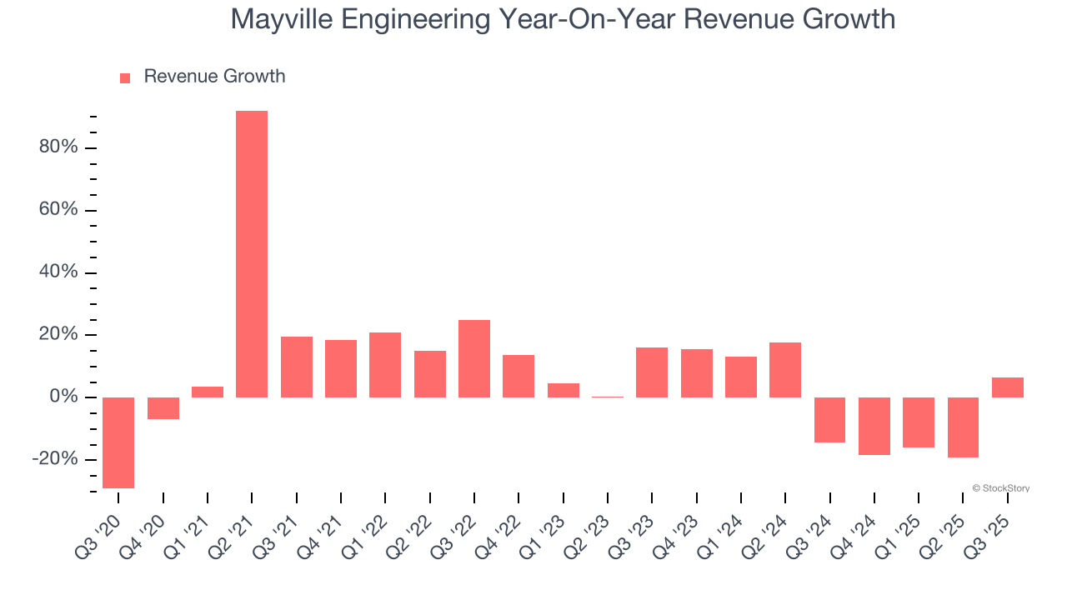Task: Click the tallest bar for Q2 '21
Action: [x=252, y=253]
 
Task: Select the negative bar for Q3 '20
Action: [x=118, y=442]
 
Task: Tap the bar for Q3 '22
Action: [x=474, y=358]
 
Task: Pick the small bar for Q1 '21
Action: [x=208, y=392]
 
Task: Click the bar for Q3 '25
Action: [x=1008, y=387]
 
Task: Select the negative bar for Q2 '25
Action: [x=963, y=427]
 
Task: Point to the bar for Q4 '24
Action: [x=874, y=426]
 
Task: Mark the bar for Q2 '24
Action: [x=785, y=370]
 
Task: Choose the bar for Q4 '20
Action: [x=163, y=408]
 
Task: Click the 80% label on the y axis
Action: [x=58, y=147]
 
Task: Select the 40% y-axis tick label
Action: [x=58, y=272]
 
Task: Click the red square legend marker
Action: [x=125, y=77]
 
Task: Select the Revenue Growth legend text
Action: [x=214, y=77]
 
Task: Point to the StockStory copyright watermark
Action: [x=1000, y=488]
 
